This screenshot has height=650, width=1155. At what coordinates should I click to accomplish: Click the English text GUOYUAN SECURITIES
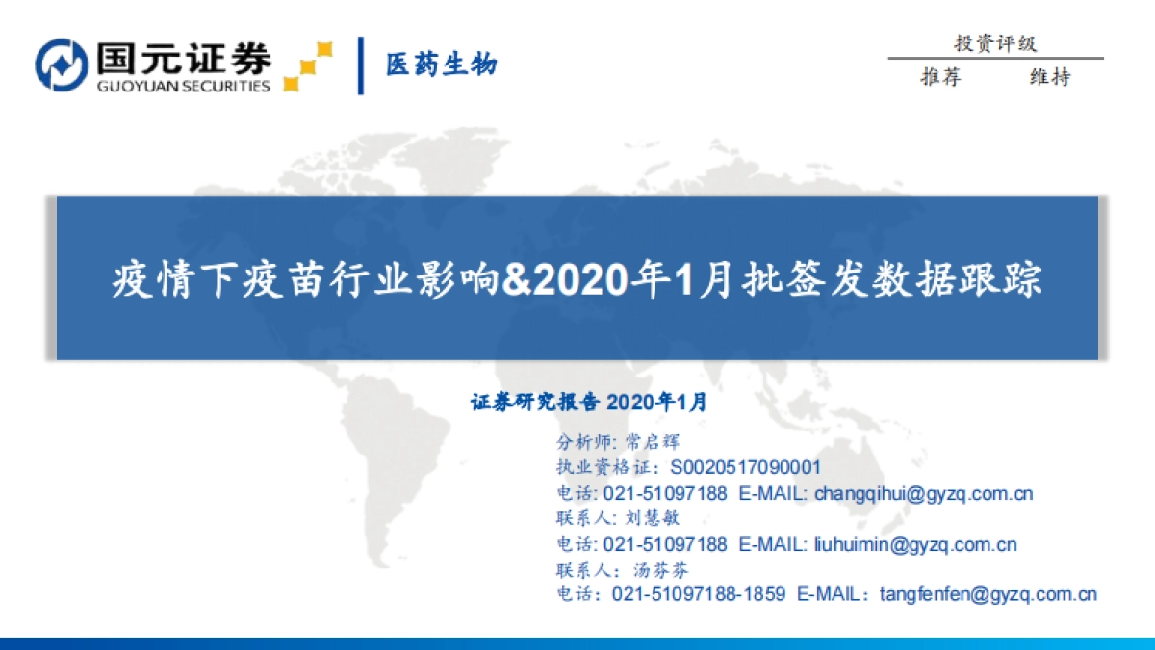point(183,86)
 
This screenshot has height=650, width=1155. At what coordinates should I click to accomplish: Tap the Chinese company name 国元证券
point(183,57)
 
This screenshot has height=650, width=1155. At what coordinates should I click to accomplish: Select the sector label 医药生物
point(442,65)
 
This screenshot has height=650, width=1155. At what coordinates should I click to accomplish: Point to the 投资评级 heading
point(995,43)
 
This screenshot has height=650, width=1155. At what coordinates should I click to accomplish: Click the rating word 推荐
point(941,78)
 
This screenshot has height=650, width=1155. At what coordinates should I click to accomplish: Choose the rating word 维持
point(1050,78)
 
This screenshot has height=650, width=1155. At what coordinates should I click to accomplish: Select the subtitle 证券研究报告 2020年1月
point(589,403)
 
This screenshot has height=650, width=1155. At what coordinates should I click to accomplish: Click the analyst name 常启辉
point(653,443)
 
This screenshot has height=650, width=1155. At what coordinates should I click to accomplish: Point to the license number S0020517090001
point(745,468)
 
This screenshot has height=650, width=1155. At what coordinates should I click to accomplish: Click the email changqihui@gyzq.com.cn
point(923,493)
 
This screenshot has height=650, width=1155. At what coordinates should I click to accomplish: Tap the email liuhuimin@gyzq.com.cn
point(914,544)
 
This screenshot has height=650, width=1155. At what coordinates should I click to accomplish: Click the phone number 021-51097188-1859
point(698,594)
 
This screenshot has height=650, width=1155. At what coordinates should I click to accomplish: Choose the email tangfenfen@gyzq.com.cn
point(988,594)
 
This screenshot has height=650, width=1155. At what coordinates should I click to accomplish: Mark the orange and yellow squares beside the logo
point(308,65)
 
